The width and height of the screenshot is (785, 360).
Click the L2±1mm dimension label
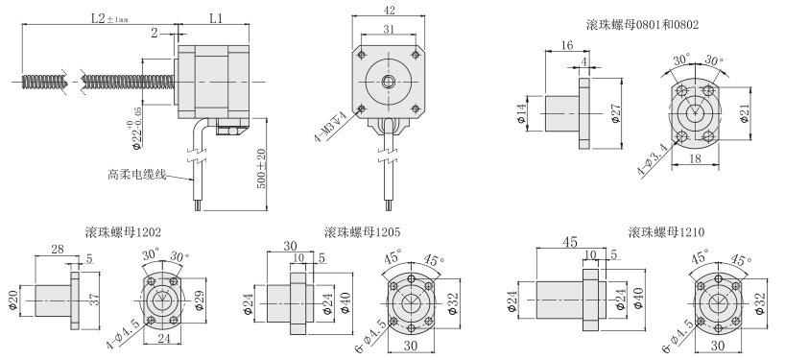99,17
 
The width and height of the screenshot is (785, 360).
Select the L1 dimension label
215,17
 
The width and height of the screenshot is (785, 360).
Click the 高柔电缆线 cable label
137,175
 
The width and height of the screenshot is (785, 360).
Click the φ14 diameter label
524,114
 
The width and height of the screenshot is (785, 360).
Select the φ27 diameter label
615,114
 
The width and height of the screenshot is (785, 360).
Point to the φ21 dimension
743,113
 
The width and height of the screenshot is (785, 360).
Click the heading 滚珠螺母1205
363,231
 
